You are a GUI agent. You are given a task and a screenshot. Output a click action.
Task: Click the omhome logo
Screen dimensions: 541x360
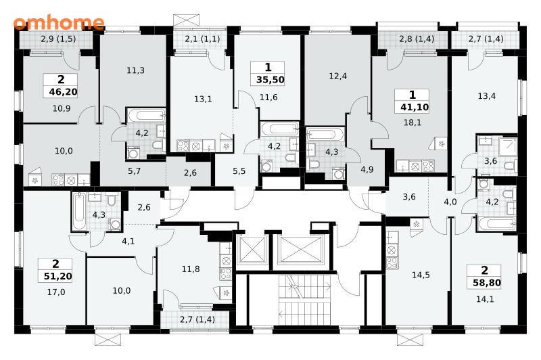click(59, 22)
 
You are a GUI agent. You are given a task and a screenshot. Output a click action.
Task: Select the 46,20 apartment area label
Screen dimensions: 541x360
click(63, 92)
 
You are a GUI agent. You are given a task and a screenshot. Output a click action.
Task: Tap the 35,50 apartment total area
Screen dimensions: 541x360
click(270, 80)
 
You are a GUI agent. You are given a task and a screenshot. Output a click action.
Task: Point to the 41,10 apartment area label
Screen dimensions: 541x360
click(415, 108)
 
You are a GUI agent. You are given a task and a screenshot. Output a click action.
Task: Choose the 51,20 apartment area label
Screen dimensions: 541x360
click(58, 276)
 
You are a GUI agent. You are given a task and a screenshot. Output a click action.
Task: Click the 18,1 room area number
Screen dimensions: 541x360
click(413, 122)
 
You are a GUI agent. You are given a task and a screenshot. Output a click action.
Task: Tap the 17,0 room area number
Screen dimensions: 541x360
click(56, 292)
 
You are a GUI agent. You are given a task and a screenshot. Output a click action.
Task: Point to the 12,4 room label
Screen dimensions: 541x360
click(337, 76)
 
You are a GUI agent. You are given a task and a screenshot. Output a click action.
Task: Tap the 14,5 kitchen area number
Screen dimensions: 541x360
click(421, 275)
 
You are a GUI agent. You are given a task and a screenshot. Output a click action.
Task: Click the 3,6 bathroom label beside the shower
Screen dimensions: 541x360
click(490, 161)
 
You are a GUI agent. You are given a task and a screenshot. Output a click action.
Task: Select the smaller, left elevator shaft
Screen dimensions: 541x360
click(252, 250)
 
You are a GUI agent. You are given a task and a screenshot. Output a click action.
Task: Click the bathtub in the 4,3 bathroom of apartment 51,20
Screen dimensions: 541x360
click(79, 212)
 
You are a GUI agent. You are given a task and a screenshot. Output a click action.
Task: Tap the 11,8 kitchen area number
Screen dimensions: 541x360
click(191, 269)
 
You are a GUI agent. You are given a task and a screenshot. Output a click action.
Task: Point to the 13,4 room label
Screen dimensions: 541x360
click(486, 96)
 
